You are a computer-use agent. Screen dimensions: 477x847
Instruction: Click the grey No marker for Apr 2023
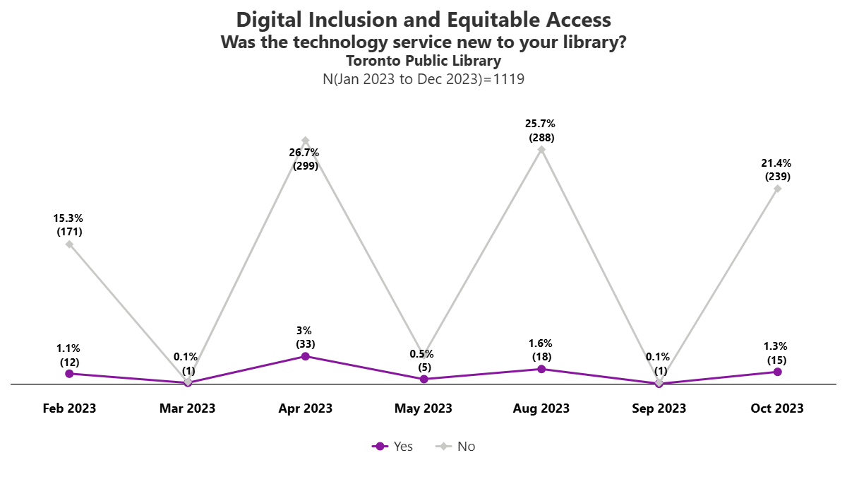click(306, 141)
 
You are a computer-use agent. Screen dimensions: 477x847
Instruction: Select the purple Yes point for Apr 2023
click(306, 356)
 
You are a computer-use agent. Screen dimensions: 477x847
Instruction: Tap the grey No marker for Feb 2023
click(69, 245)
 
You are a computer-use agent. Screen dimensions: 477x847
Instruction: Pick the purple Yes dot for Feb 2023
click(69, 373)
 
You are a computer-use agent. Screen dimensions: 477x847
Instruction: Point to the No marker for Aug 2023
click(541, 149)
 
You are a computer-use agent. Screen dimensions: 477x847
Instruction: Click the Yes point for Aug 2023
click(541, 369)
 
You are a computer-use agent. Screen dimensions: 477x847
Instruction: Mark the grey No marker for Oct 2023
click(777, 189)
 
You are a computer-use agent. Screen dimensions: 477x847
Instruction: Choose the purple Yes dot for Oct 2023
click(777, 372)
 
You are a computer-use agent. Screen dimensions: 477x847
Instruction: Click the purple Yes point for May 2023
click(423, 379)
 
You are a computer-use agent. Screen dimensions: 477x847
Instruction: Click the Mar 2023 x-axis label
click(188, 408)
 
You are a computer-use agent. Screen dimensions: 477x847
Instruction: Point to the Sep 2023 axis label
click(659, 408)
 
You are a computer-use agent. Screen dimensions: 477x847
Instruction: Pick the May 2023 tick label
click(423, 408)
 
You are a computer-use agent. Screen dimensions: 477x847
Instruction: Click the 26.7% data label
click(306, 159)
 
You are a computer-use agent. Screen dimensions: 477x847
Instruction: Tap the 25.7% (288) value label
click(541, 131)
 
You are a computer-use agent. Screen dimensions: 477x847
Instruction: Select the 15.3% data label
click(69, 225)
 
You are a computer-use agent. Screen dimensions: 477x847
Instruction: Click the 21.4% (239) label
click(777, 170)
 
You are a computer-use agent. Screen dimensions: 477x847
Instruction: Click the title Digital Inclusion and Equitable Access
click(423, 19)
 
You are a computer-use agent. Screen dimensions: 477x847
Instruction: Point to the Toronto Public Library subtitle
click(423, 61)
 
